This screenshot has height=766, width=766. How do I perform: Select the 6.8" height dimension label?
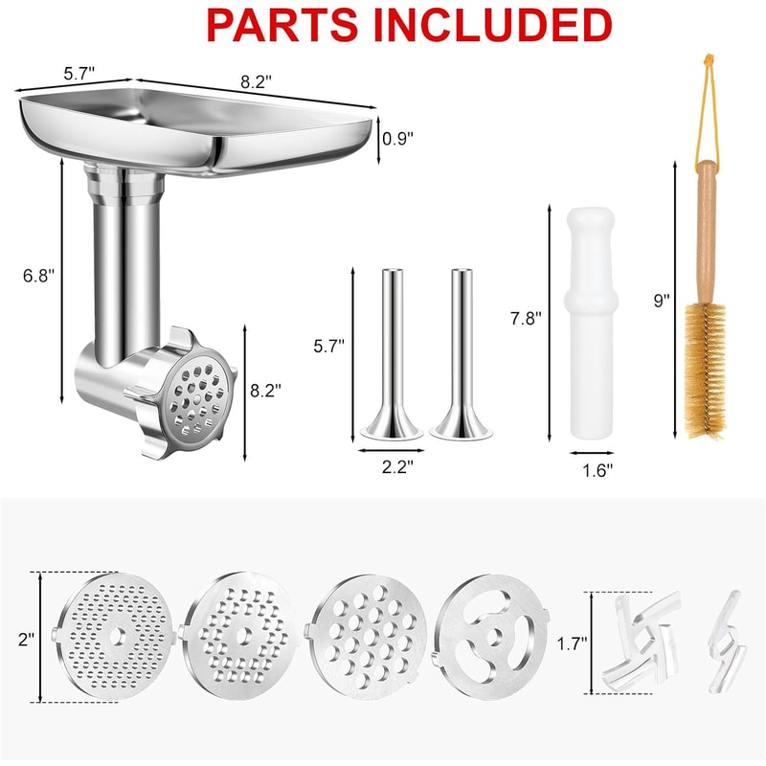coord(39,275)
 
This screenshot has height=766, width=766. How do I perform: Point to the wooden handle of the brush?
coord(706,230)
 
